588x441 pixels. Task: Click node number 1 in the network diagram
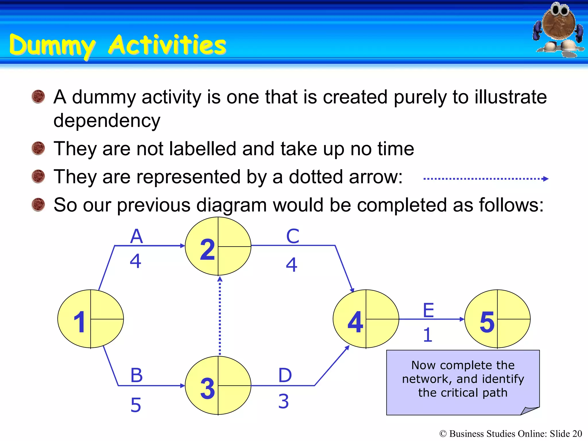point(90,319)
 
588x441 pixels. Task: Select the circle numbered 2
point(218,246)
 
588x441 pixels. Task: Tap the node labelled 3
point(218,386)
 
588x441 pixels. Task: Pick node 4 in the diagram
point(366,319)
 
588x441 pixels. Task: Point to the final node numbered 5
point(497,319)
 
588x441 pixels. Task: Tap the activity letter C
point(293,236)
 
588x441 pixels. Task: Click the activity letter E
point(428,310)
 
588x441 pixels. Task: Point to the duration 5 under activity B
point(136,405)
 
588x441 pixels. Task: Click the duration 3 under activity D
point(283,401)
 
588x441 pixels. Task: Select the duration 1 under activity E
point(428,335)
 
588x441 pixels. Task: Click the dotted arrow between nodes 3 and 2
point(220,316)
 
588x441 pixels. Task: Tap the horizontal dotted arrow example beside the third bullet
point(485,179)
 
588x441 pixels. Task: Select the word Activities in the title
point(167,45)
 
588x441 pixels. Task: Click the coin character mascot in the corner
point(558,29)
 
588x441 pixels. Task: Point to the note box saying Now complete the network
point(463,382)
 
